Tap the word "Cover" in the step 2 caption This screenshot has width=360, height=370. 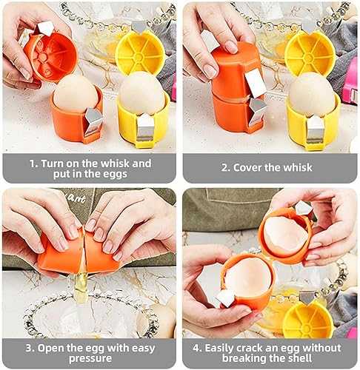tap(256, 167)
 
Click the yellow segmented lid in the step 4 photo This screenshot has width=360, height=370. tap(307, 320)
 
